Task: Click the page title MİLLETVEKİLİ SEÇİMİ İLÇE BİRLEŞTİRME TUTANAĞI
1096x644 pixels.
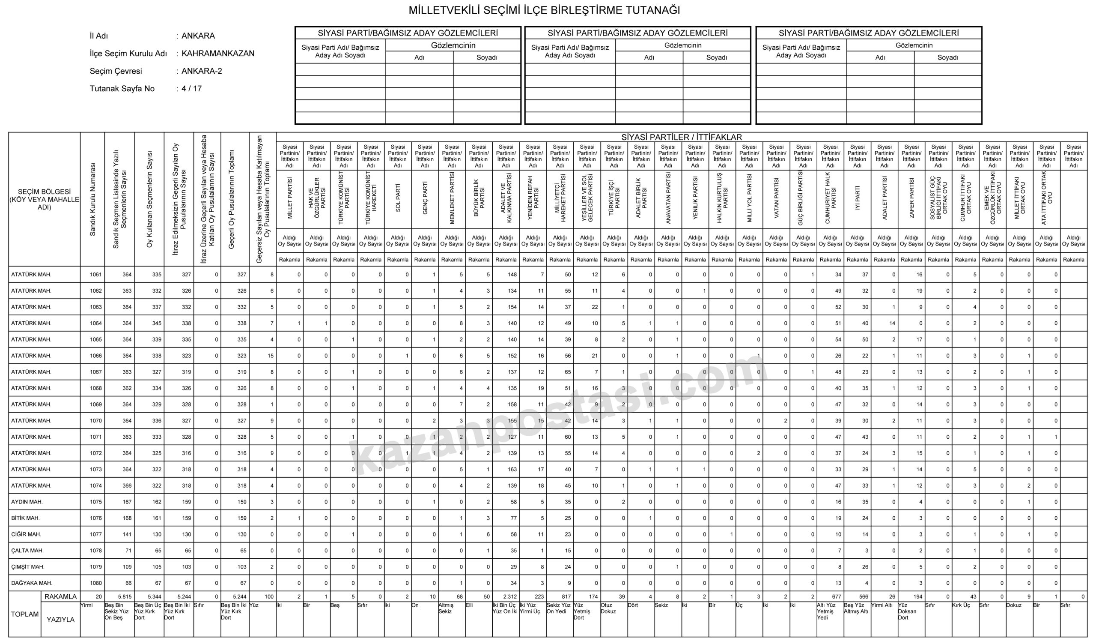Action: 544,10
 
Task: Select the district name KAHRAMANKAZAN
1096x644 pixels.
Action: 218,54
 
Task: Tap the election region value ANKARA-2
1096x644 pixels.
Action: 202,71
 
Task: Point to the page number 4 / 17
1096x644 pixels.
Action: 192,89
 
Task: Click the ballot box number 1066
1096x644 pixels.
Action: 95,356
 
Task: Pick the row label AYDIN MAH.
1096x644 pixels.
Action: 27,502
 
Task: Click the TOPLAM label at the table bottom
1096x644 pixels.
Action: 25,614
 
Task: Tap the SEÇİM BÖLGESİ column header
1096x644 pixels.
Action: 45,199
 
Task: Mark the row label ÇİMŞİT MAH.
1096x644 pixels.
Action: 28,567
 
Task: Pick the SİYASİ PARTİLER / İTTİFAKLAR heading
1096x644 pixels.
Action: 681,137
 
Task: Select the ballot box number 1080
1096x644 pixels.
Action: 95,583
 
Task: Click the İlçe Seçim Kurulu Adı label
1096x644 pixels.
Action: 128,54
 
